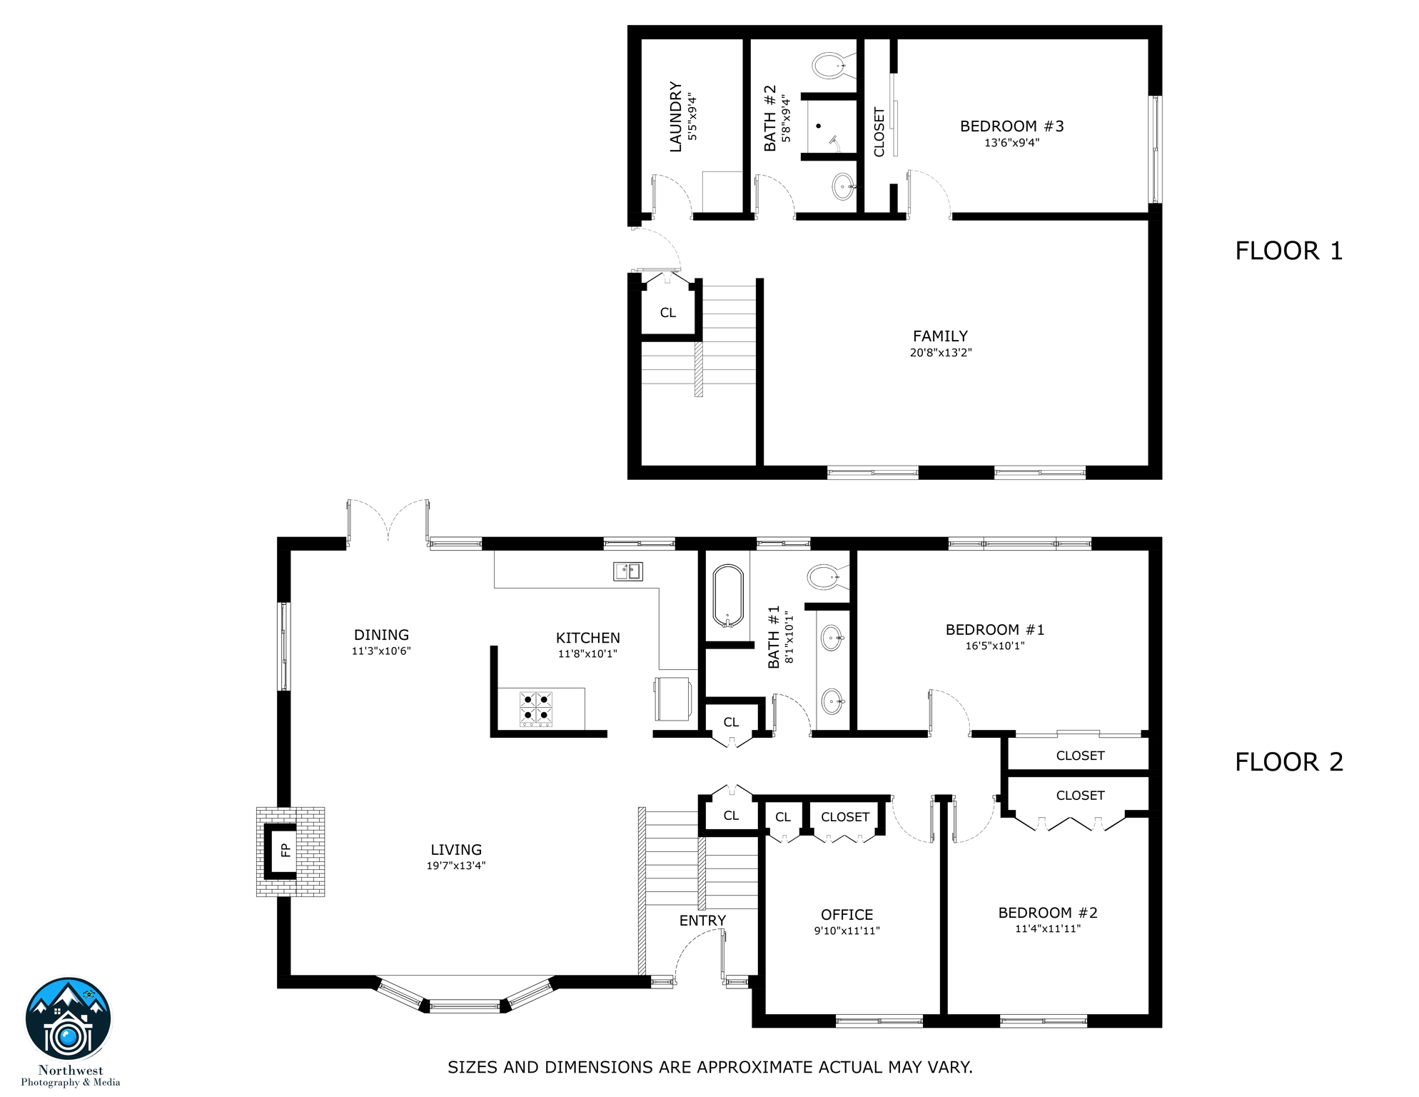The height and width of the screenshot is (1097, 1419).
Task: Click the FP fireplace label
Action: (286, 850)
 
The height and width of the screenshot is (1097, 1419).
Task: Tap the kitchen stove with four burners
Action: (536, 708)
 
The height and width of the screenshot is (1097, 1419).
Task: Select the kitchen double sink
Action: (628, 571)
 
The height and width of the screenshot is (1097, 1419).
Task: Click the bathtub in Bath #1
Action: (728, 596)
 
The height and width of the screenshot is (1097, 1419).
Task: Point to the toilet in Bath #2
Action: (829, 66)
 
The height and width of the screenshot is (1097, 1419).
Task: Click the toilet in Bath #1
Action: (824, 576)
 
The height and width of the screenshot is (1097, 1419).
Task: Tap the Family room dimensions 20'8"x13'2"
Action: (940, 353)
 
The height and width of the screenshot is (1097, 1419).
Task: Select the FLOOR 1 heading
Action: (1288, 251)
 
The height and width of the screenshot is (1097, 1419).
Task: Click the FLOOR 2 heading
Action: (1288, 762)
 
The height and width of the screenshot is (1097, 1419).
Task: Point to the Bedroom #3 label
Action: (1011, 126)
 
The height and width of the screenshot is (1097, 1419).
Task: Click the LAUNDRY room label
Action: (675, 116)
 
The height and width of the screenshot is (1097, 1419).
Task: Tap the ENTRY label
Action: (702, 921)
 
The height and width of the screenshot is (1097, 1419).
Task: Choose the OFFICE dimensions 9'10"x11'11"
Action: (847, 931)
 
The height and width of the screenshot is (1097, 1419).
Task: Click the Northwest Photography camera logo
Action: (69, 1020)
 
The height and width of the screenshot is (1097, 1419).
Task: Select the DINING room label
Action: (381, 635)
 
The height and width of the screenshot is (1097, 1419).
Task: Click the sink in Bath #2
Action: (843, 187)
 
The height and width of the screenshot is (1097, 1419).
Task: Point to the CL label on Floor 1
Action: (667, 313)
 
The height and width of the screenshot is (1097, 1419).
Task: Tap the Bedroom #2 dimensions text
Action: (1048, 928)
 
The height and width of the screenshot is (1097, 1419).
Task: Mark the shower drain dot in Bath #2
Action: (819, 126)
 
